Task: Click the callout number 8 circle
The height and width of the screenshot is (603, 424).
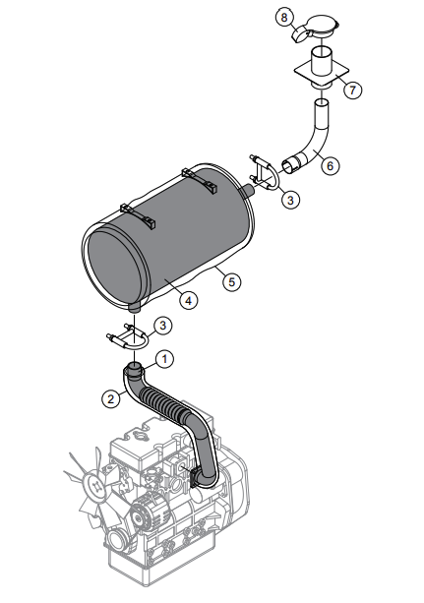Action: point(283,18)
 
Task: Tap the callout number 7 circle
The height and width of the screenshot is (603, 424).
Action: point(353,89)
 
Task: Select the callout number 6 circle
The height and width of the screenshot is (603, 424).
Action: point(331,165)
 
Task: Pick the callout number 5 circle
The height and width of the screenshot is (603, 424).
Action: point(232,281)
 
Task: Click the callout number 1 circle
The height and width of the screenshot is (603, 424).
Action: point(166,359)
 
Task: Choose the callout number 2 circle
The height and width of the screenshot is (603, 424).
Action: point(110,398)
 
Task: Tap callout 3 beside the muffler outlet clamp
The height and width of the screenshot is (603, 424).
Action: point(289,200)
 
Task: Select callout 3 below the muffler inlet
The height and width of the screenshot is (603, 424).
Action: point(164,326)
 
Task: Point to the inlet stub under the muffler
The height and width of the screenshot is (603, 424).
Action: point(135,308)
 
